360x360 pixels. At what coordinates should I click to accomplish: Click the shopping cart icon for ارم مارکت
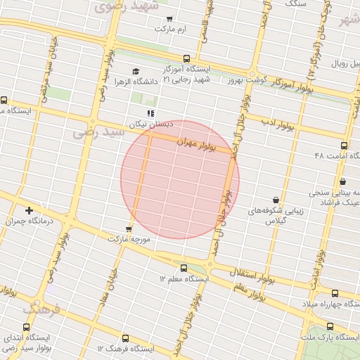point(169,19)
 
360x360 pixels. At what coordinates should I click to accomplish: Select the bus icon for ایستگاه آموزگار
point(186,59)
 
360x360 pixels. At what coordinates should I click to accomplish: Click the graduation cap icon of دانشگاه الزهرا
point(136,72)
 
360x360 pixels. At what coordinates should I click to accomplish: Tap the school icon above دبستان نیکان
point(150,112)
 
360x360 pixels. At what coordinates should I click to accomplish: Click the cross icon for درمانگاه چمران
point(29,210)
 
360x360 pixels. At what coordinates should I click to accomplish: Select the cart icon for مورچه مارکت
point(128,229)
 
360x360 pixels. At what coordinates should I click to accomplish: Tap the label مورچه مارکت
point(129,239)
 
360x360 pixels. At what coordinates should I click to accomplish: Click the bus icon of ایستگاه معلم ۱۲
point(184,268)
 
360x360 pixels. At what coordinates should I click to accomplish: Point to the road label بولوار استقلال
point(252,271)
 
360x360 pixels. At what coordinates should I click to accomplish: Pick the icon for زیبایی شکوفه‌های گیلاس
point(275,200)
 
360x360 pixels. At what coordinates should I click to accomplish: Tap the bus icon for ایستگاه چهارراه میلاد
point(334,293)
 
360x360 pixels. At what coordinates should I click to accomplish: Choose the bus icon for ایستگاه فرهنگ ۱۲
point(125,338)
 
